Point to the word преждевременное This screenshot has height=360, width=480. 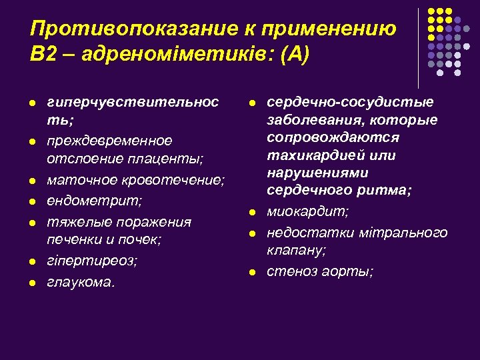point(109,141)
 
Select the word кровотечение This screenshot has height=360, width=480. point(177,181)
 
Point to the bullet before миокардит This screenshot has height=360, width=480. point(252,213)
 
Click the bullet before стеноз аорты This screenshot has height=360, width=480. point(252,272)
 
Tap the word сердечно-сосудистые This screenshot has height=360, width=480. point(350,102)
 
